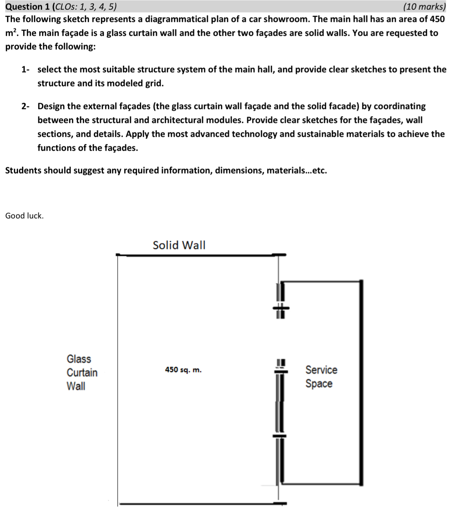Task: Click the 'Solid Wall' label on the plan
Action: coord(179,245)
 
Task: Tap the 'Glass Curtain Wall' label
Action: coord(82,372)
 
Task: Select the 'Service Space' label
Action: coord(321,377)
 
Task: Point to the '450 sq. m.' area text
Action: coord(183,370)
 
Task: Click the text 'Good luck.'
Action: coord(24,216)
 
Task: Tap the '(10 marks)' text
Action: coord(424,6)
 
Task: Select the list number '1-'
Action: coord(26,69)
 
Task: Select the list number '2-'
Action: coord(26,106)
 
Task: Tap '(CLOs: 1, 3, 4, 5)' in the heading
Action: coord(86,6)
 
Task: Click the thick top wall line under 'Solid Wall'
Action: coord(199,255)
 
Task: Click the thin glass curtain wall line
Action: coord(118,376)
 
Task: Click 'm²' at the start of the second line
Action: coord(11,33)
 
